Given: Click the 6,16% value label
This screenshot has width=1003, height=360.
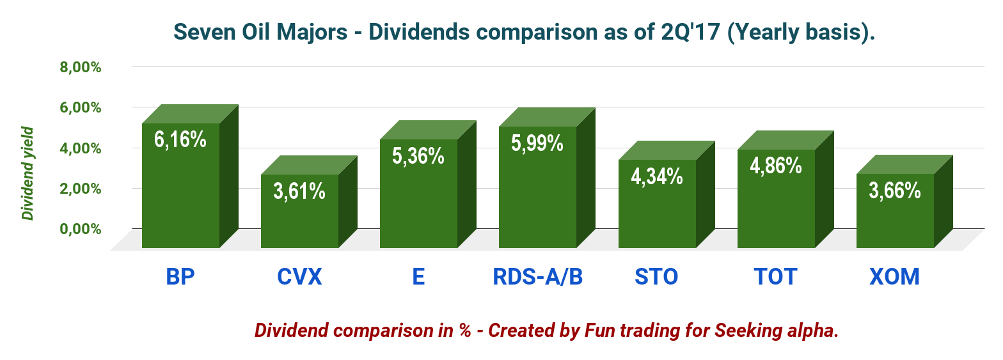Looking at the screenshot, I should coord(180,139).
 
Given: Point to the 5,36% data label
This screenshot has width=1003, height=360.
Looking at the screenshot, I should coord(418,155).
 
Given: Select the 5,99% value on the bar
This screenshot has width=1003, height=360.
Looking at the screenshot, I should coord(537,143).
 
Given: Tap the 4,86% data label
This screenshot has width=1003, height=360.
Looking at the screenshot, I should coord(776,166).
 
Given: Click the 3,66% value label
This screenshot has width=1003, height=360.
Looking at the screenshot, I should coord(895,190).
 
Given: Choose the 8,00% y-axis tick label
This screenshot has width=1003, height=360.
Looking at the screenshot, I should coord(81,67).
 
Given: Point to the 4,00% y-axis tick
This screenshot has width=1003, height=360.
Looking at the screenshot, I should coord(81,148).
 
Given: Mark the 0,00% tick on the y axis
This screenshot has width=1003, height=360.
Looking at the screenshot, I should coord(81,229).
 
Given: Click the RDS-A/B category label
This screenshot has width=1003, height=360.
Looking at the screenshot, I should coord(538,277).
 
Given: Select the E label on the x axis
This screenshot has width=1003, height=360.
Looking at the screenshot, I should coord(418,277).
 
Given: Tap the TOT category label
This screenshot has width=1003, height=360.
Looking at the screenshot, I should coord(775,277).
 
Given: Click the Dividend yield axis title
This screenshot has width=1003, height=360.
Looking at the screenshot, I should coord(28,174).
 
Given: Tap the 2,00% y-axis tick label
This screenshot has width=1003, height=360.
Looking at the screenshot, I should coord(81,189).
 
